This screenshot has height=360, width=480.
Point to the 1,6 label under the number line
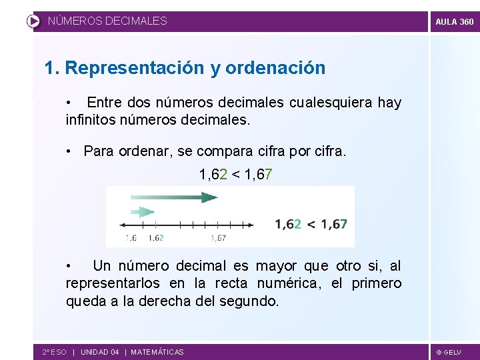tap(131, 237)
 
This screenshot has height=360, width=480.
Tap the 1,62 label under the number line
tap(155, 237)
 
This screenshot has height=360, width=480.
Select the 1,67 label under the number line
tap(218, 237)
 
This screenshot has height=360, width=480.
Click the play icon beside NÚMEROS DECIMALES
tap(33, 21)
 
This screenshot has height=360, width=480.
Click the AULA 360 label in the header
tap(454, 21)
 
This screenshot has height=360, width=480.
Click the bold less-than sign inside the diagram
tap(312, 224)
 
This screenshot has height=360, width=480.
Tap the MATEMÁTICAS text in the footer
tap(157, 351)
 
